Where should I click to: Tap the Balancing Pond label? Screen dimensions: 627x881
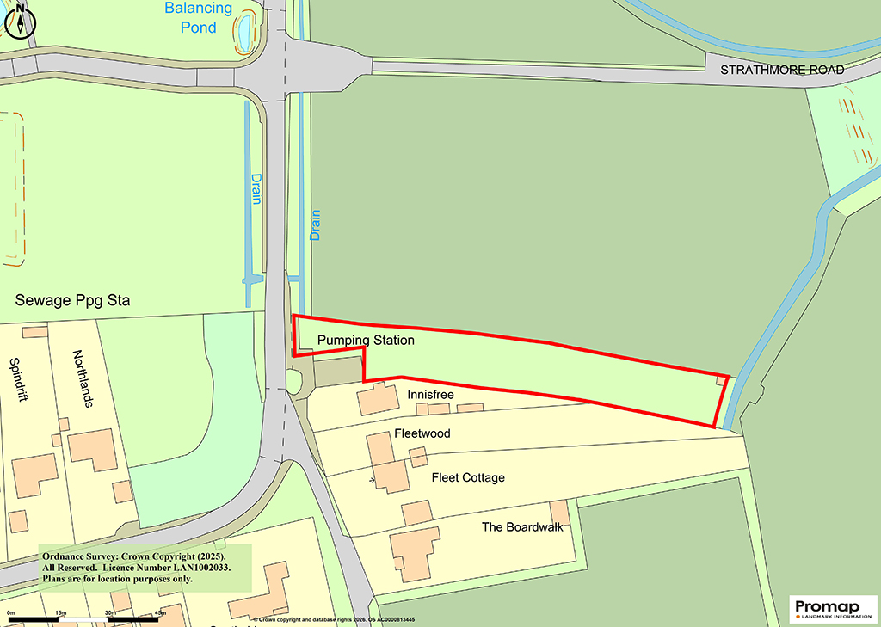click(199, 17)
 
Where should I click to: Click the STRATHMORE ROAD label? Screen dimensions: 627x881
click(782, 70)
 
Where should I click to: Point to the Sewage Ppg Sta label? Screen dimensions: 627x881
click(77, 301)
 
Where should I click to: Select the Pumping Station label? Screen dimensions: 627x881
click(366, 341)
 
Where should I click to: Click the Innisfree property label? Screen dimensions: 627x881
click(431, 394)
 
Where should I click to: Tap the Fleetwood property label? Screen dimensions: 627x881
click(422, 433)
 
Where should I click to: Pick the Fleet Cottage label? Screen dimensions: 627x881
click(468, 477)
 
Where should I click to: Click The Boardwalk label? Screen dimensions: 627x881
click(522, 526)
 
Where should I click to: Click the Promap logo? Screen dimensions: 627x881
click(832, 608)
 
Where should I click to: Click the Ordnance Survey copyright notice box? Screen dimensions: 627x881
click(145, 568)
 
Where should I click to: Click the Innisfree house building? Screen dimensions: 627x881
click(373, 399)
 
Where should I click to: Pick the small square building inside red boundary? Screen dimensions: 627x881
click(722, 379)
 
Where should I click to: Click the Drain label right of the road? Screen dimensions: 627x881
click(315, 225)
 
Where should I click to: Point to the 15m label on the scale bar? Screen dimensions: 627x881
click(60, 612)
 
